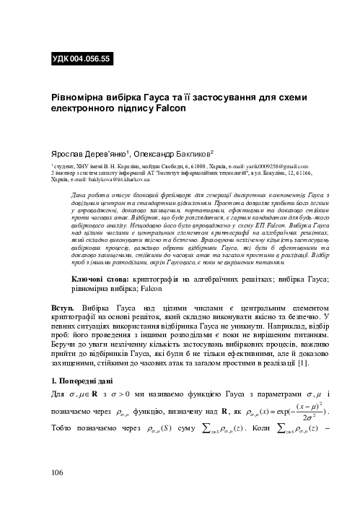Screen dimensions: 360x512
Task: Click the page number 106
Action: tap(58, 493)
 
